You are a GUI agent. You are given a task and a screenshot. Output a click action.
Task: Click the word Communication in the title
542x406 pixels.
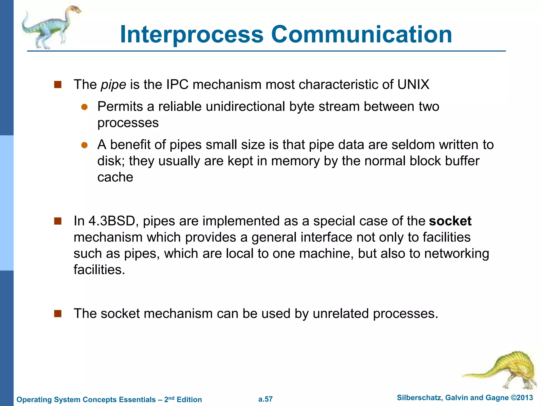tap(362, 34)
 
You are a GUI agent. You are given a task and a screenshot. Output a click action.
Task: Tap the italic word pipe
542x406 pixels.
tap(114, 85)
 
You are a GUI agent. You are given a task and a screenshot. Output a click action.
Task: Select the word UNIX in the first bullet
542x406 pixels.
tap(413, 85)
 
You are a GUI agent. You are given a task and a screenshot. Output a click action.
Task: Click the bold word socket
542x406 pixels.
tap(450, 221)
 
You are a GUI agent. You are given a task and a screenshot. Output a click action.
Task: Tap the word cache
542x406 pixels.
tap(115, 177)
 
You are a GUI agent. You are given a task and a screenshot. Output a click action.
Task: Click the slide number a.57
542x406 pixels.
tap(265, 399)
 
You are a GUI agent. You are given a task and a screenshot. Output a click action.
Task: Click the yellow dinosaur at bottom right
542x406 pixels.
tap(508, 370)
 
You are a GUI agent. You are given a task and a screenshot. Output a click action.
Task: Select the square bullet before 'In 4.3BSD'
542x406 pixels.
tap(58, 221)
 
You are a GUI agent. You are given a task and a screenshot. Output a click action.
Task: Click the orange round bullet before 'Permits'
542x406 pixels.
tap(84, 107)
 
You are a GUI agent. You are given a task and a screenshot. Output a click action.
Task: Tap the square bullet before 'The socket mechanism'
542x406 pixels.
tap(58, 314)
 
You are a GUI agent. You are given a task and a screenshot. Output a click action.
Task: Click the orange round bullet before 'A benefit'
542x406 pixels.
tap(84, 145)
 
